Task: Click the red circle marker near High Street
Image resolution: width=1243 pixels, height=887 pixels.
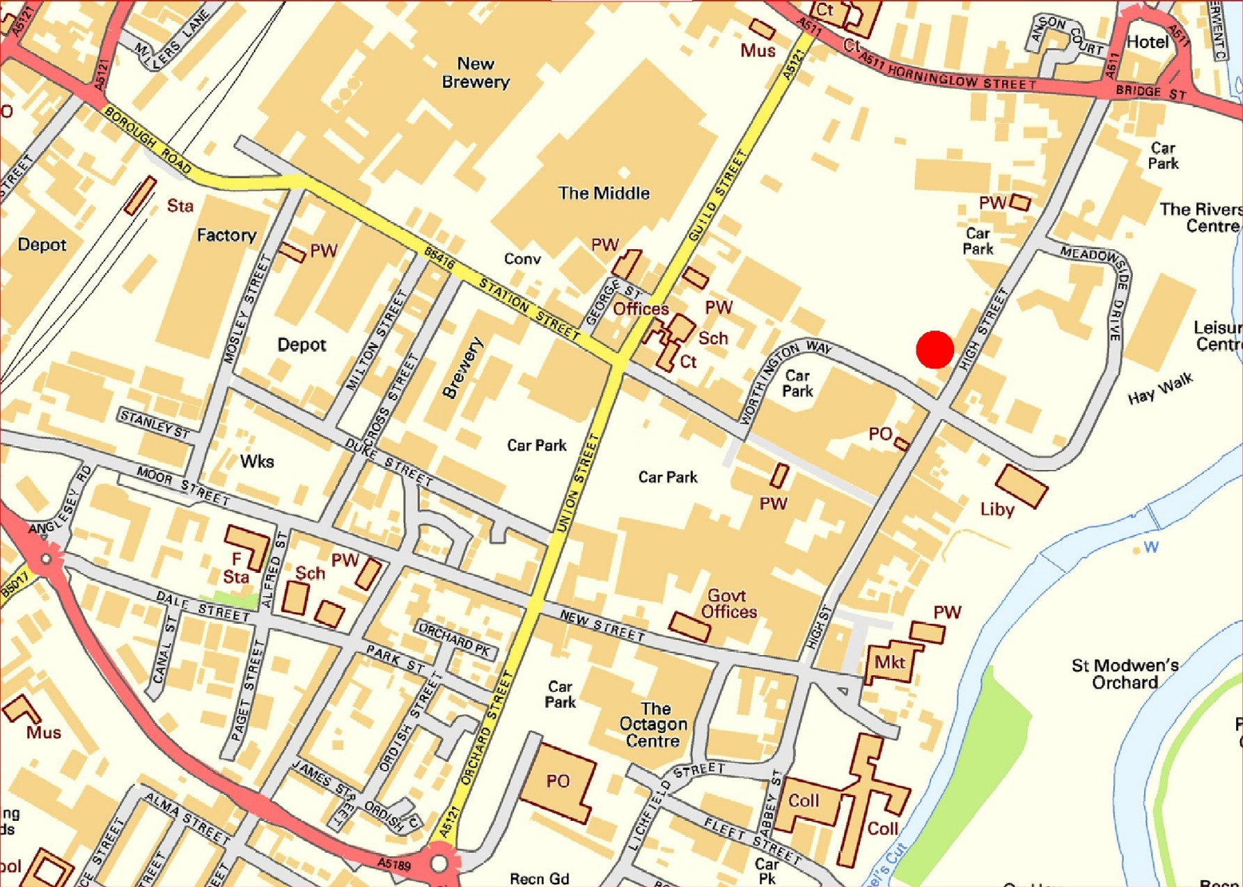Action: [935, 350]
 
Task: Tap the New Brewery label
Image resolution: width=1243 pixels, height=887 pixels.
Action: [476, 73]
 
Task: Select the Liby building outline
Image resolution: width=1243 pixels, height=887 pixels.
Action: [1021, 485]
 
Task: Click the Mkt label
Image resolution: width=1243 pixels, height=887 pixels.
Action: [889, 662]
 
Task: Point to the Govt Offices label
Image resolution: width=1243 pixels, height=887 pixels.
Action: [728, 604]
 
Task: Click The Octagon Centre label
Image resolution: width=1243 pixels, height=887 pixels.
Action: [653, 725]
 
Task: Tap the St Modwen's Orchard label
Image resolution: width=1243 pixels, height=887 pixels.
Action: [1125, 674]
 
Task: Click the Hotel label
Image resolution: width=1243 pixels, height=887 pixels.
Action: [1147, 42]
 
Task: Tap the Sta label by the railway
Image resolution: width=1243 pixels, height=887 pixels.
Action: [180, 206]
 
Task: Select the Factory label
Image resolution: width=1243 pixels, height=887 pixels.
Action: [226, 235]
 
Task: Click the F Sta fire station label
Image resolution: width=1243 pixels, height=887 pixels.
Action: [236, 568]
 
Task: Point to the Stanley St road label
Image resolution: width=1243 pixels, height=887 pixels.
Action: [155, 424]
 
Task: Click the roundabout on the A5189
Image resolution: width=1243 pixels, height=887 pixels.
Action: [439, 863]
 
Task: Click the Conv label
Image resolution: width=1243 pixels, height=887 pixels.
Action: [522, 260]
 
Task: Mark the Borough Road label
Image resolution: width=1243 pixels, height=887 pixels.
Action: [148, 141]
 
